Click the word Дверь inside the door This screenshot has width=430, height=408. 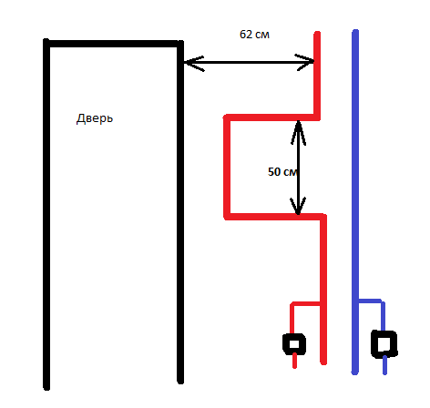tap(95, 118)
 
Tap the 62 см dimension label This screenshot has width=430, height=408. tap(254, 35)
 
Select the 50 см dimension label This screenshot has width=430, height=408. tap(282, 172)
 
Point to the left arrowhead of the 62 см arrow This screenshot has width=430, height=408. tap(194, 63)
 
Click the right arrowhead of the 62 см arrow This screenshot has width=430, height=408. tap(304, 62)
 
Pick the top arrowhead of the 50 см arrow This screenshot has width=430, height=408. tap(298, 132)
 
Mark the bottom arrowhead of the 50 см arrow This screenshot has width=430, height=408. tap(298, 206)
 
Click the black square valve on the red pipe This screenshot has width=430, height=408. tap(294, 344)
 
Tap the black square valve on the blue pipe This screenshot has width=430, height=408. tap(384, 343)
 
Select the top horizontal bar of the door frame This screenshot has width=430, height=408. tap(113, 44)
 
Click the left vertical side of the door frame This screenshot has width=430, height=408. tap(46, 214)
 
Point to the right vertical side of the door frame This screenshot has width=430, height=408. tap(180, 212)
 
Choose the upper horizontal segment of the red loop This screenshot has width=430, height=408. tap(271, 117)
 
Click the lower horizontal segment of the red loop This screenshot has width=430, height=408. tap(275, 217)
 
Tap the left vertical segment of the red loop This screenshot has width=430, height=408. tap(227, 167)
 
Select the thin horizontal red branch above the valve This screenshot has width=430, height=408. tap(305, 303)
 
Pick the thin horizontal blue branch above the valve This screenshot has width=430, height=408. tap(371, 301)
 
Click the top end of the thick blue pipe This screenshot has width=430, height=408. tap(355, 32)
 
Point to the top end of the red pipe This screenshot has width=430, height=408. tap(317, 34)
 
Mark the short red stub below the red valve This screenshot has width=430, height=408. tap(294, 361)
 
